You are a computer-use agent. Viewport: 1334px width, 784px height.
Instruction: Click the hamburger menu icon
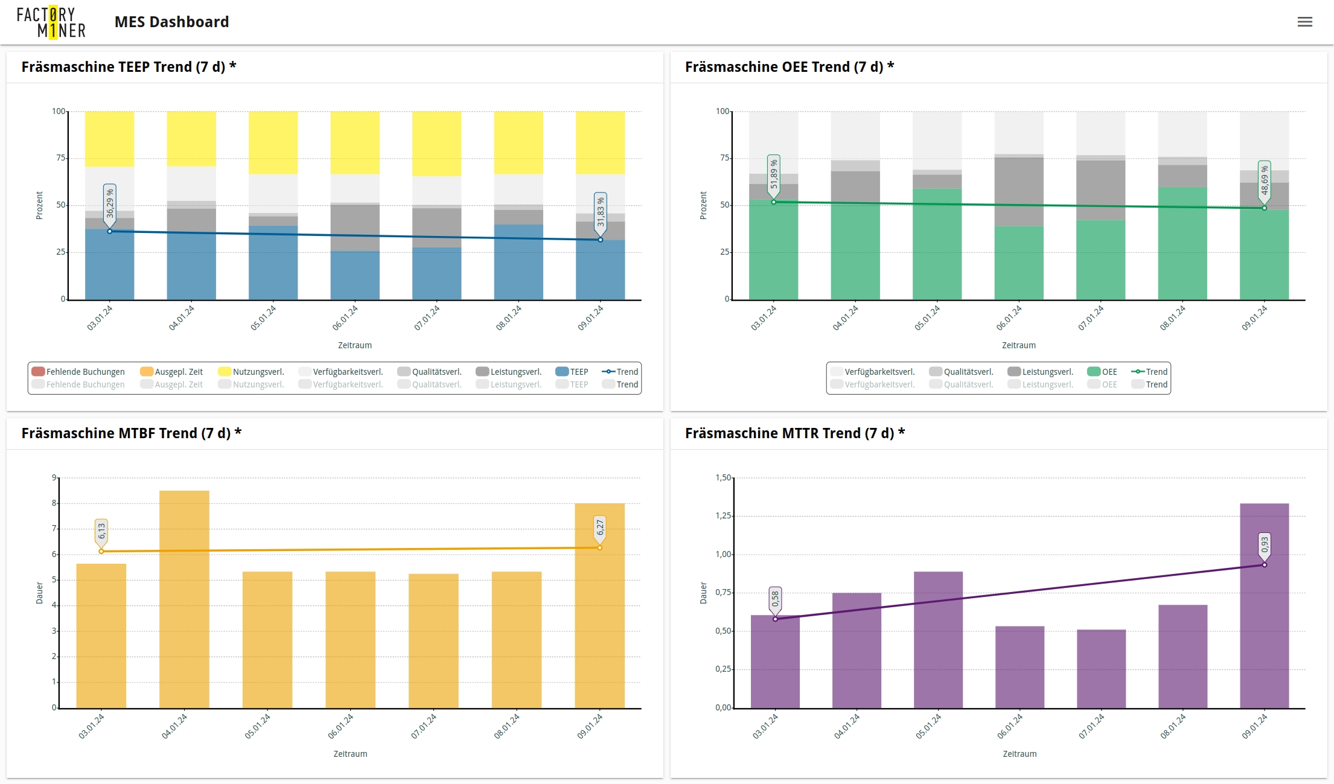click(1304, 22)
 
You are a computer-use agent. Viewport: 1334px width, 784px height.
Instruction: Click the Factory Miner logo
click(51, 22)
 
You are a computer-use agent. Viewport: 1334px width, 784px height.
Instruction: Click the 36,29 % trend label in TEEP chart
click(110, 203)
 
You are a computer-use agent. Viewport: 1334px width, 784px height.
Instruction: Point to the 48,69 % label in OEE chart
click(1264, 180)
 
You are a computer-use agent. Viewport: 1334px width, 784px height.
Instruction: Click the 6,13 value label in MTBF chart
click(101, 531)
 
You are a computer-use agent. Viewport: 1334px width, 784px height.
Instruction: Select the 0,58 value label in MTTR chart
click(775, 599)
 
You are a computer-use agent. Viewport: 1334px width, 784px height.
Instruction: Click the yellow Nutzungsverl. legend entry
click(251, 372)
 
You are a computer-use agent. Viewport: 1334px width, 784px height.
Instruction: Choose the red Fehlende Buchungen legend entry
click(78, 372)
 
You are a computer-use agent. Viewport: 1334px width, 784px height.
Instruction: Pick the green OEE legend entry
click(1102, 372)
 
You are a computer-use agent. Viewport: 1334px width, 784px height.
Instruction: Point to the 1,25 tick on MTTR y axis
click(723, 516)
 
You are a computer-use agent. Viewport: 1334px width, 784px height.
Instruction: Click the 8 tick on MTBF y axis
click(54, 503)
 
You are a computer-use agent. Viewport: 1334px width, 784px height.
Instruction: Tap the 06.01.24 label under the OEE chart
click(1009, 318)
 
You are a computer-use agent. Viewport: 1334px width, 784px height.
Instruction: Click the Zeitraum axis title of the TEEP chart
click(355, 345)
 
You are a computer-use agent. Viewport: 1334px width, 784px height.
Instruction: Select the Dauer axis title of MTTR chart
click(703, 593)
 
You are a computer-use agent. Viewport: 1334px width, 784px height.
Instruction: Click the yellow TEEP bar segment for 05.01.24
click(273, 142)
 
